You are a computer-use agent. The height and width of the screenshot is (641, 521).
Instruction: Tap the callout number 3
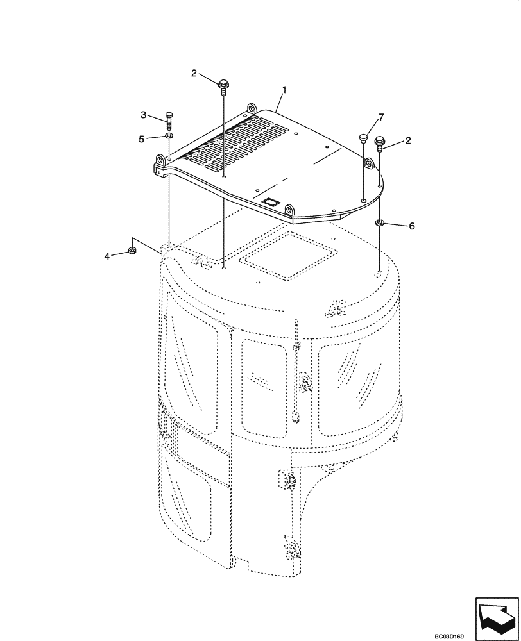coord(144,115)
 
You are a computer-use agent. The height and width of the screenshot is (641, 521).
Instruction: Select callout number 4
coord(107,256)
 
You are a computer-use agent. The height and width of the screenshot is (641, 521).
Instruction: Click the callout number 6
coord(412,226)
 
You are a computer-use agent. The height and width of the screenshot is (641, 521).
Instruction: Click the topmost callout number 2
coord(194,73)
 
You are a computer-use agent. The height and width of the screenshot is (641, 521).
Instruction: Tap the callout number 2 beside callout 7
coord(408,140)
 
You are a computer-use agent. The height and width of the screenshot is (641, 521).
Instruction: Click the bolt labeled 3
coord(169,121)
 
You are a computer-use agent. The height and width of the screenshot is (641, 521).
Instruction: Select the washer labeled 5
coord(169,136)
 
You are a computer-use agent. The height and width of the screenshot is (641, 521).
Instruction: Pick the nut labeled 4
coord(132,251)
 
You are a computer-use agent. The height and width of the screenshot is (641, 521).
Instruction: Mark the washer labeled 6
coord(380,223)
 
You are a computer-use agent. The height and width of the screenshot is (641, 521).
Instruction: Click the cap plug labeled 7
coord(364,137)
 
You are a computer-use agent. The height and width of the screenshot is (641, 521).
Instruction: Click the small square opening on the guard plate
coord(272,201)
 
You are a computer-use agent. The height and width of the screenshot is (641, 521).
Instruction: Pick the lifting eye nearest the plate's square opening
coord(289,210)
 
